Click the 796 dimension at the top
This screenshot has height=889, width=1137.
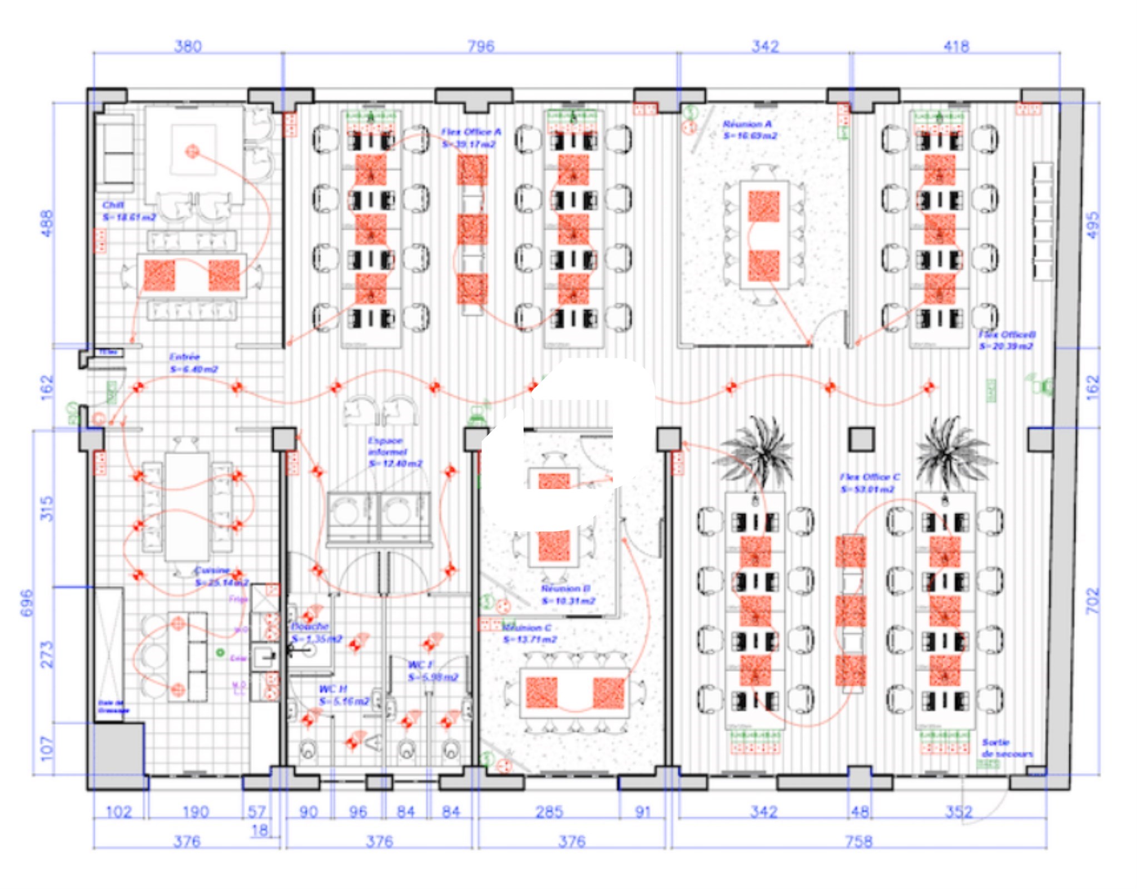(480, 46)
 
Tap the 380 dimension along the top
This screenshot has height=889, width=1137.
(188, 46)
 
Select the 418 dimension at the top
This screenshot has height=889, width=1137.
(956, 46)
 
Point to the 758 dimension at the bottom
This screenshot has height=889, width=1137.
(858, 841)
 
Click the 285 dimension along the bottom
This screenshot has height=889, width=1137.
(549, 812)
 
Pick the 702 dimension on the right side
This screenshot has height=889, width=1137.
(1093, 601)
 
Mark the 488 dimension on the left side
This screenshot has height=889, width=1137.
(48, 223)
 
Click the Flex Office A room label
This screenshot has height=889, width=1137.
(471, 132)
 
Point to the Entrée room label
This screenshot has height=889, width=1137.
(185, 357)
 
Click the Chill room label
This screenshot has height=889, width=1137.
(113, 205)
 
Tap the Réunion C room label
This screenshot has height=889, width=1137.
(527, 628)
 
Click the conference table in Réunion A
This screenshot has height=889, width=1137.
(764, 234)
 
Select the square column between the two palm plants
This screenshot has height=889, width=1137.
(861, 439)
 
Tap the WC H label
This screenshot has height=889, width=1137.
(333, 689)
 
